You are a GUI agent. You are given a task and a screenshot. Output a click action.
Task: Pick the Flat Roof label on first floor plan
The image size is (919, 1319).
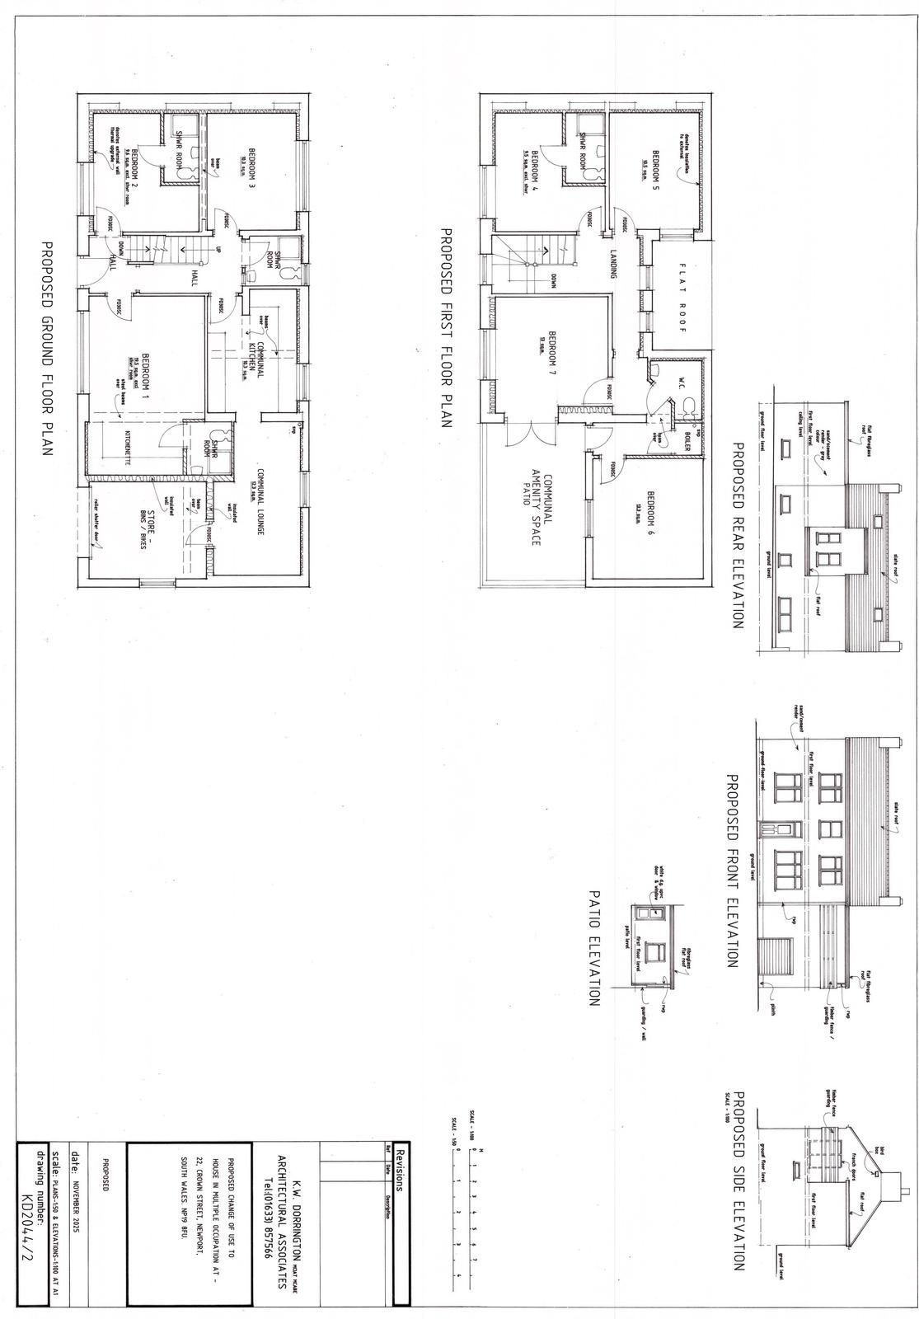pos(682,300)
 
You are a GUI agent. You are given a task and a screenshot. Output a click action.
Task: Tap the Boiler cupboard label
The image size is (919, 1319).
pos(687,446)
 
